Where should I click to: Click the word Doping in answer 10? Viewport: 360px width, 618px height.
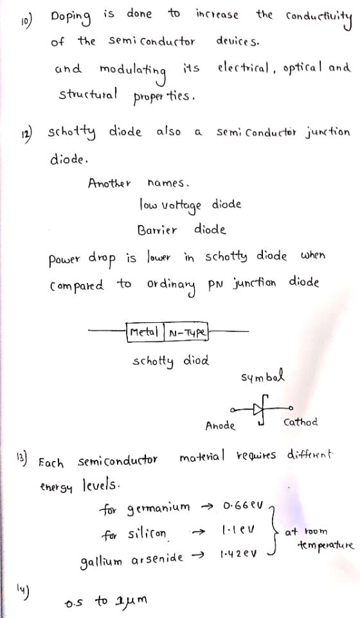[x=71, y=17]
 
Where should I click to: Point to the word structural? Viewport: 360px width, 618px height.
[x=87, y=94]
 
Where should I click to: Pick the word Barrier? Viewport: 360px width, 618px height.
[x=157, y=230]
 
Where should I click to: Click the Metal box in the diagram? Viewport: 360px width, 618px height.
[x=145, y=332]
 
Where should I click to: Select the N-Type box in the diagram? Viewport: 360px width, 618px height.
[x=186, y=332]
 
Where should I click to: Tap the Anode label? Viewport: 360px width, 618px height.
[x=220, y=426]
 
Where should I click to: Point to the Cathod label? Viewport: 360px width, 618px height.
[x=300, y=423]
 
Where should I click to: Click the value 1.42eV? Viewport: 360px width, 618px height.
[x=239, y=554]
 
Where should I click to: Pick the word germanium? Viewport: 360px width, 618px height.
[x=158, y=507]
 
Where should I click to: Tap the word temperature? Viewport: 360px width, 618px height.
[x=326, y=546]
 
